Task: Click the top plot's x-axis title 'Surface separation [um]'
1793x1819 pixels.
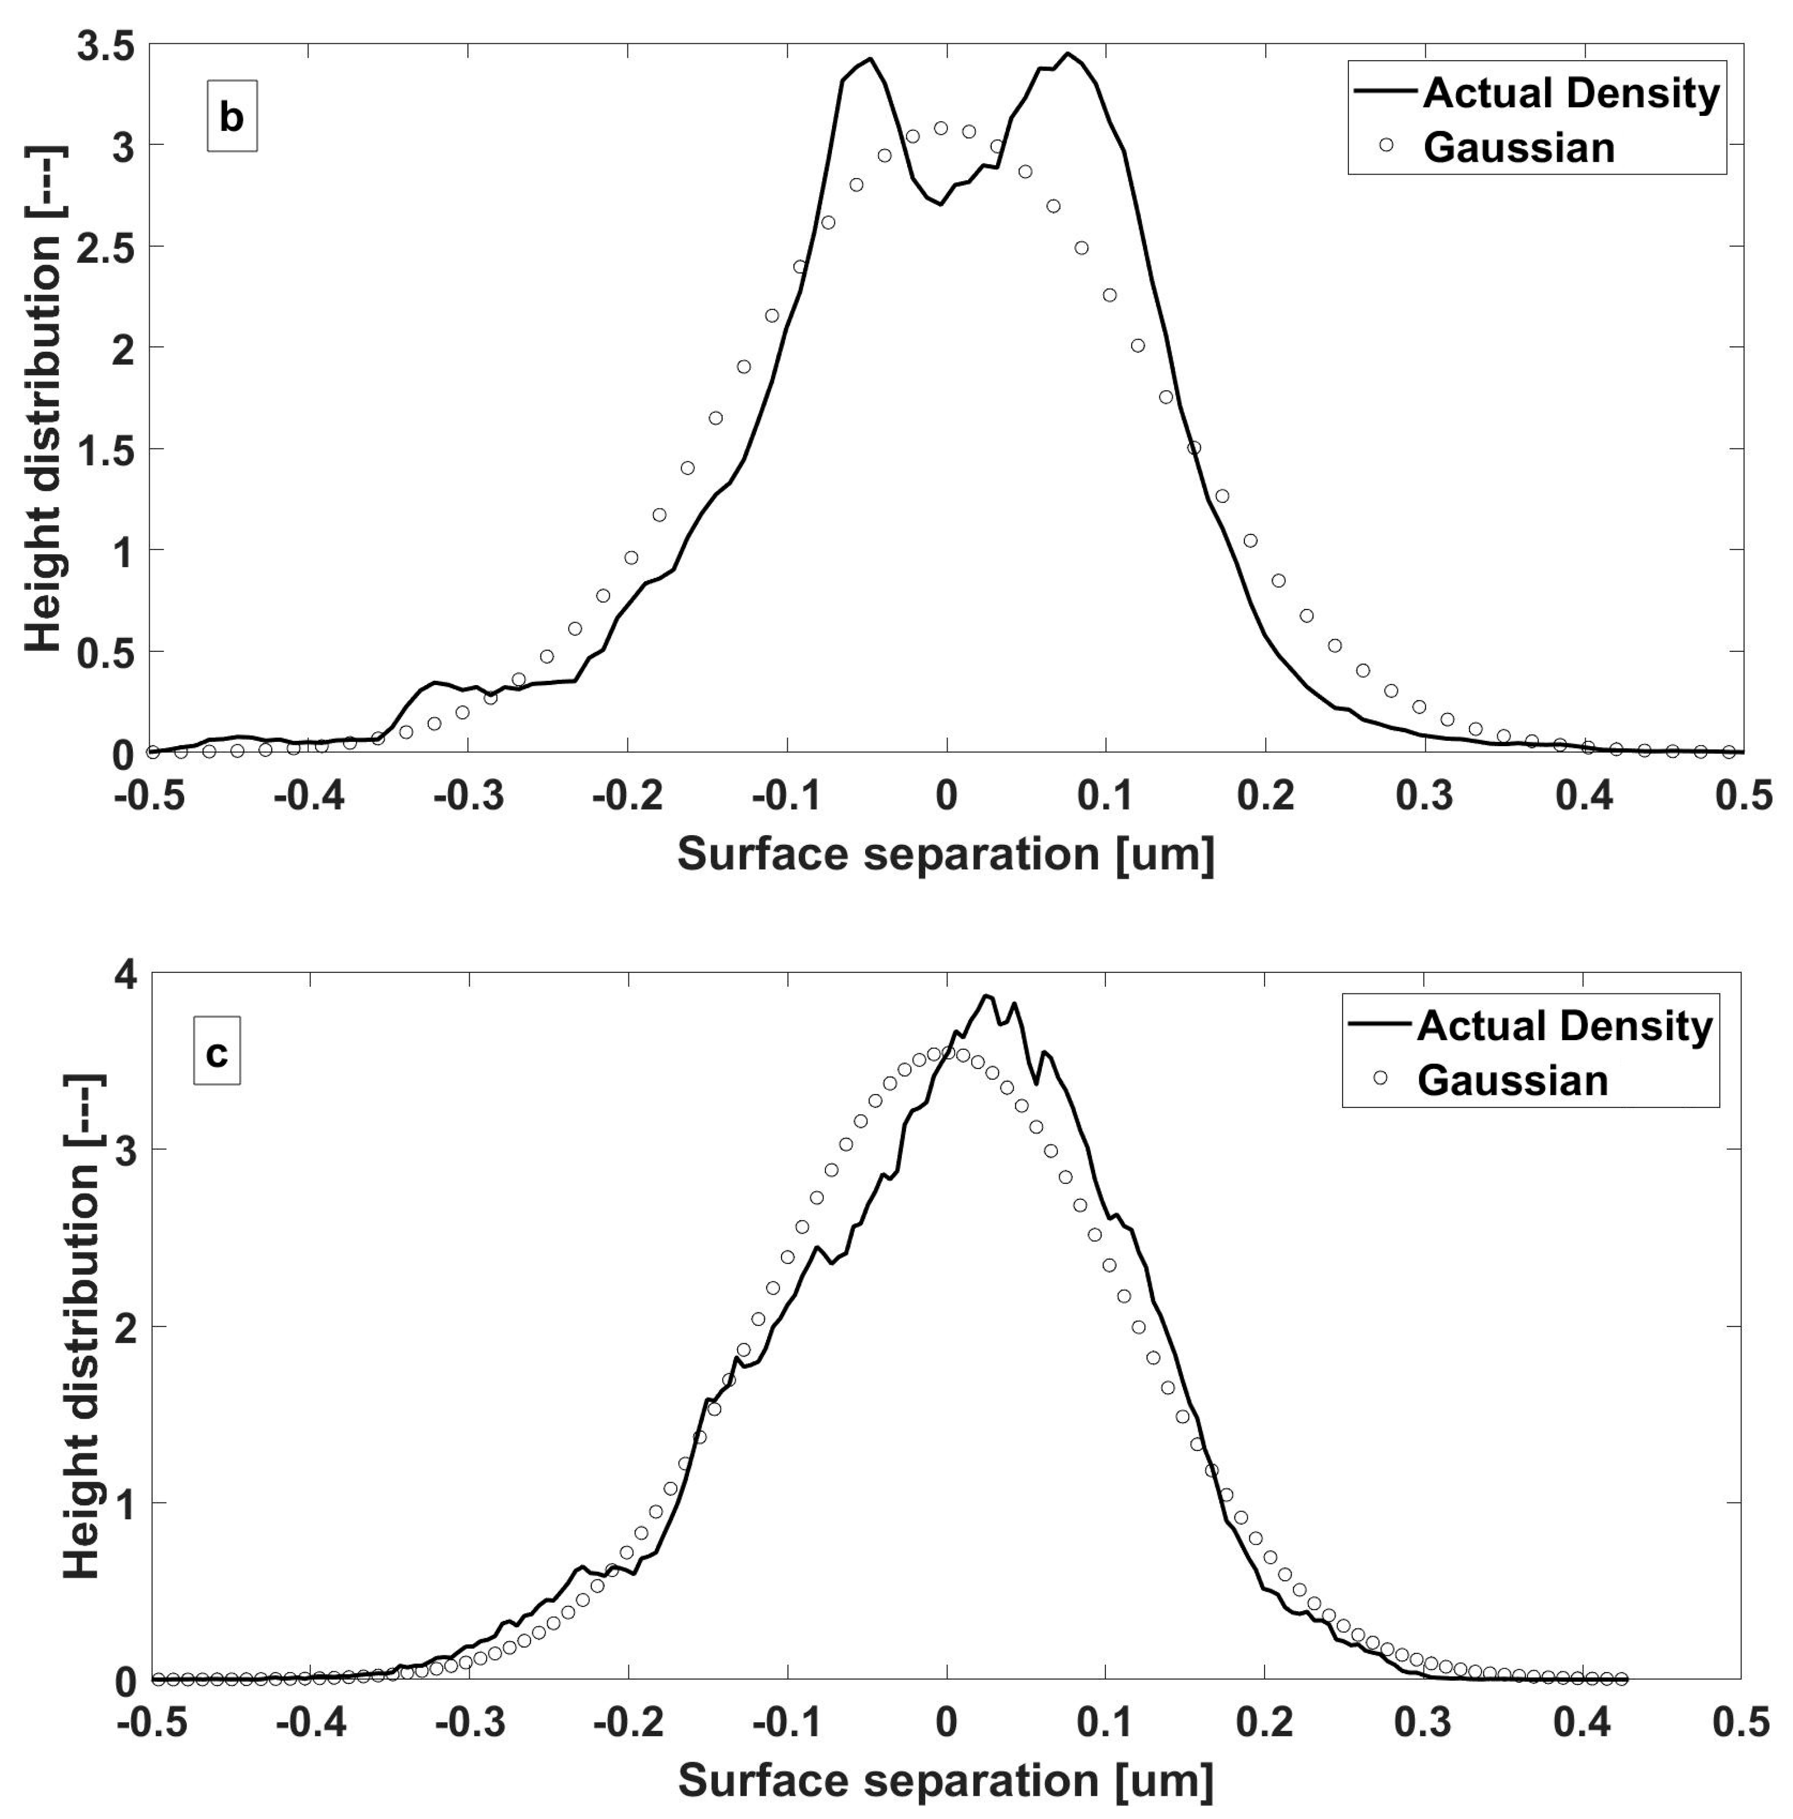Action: tap(946, 854)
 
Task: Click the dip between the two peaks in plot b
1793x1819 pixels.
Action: tap(941, 204)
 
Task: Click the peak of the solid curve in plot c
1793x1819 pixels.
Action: tap(986, 996)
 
